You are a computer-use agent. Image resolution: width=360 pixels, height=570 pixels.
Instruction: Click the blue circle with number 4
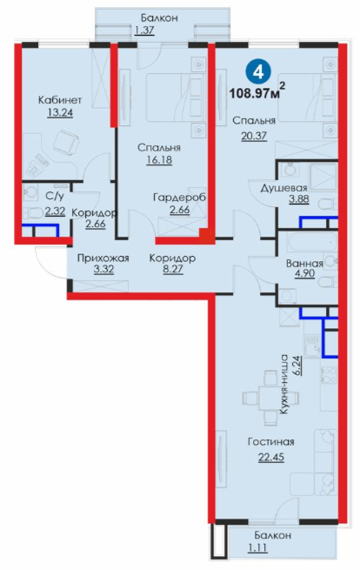click(x=258, y=72)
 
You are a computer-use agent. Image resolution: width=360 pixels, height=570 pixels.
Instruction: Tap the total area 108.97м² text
click(x=257, y=92)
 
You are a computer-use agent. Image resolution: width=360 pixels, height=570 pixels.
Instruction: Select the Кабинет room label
click(x=60, y=100)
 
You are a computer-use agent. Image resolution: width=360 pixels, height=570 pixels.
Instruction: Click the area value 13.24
click(x=60, y=112)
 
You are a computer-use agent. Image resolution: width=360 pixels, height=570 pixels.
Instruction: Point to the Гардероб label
click(x=179, y=198)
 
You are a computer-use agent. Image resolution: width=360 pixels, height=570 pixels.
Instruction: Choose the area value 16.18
click(x=159, y=160)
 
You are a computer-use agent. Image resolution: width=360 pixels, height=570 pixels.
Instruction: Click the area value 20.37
click(x=254, y=136)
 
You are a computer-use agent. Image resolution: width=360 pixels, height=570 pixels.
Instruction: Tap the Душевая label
click(x=284, y=188)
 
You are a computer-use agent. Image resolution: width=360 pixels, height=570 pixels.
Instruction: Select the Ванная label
click(x=305, y=263)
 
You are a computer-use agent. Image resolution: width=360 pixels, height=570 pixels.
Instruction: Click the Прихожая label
click(x=103, y=258)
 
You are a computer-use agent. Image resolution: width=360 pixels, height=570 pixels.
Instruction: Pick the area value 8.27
click(x=173, y=270)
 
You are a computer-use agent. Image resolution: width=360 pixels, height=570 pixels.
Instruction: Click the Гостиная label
click(x=271, y=442)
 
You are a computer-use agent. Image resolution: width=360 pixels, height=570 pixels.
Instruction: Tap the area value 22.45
click(x=271, y=457)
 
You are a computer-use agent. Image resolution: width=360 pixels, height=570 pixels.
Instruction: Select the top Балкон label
click(x=159, y=17)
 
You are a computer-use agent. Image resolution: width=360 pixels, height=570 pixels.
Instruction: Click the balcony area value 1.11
click(x=257, y=547)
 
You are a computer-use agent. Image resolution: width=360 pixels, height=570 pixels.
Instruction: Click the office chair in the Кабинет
click(x=65, y=143)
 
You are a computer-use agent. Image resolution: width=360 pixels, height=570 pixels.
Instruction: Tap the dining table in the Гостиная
click(x=271, y=398)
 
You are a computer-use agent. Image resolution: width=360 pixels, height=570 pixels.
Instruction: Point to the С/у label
click(x=55, y=197)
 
